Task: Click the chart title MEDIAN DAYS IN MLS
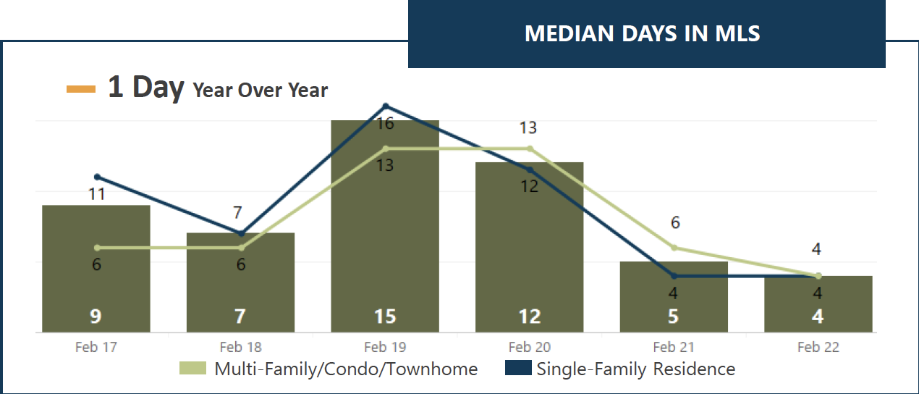(642, 33)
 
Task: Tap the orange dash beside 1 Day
(81, 89)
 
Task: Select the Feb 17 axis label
(96, 347)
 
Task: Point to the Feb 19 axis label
(385, 347)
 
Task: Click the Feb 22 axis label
(818, 347)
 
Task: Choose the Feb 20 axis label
(529, 347)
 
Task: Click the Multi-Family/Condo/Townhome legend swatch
(192, 368)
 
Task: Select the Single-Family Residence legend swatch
(518, 368)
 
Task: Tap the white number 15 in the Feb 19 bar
(385, 317)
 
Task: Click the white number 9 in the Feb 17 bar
(96, 317)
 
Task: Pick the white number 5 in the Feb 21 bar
(673, 317)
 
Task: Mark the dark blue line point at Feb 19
(386, 106)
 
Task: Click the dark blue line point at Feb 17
(97, 177)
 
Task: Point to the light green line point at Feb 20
(530, 148)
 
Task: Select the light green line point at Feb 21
(674, 248)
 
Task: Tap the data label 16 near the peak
(385, 123)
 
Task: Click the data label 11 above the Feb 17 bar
(97, 194)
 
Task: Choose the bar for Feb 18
(240, 282)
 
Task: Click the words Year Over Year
(260, 90)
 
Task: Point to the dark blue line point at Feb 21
(674, 276)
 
